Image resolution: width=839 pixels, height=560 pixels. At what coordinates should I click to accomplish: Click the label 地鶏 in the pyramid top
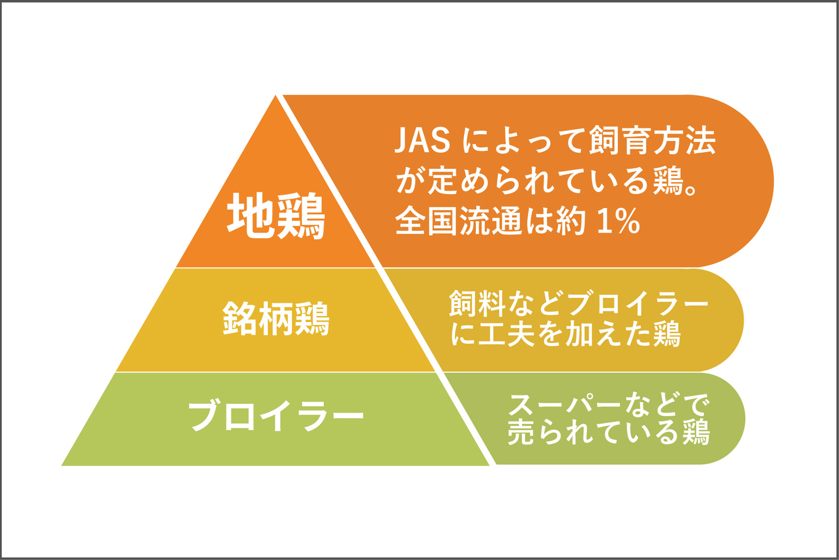276,216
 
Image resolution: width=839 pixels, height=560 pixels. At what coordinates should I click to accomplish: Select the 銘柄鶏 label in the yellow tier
276,319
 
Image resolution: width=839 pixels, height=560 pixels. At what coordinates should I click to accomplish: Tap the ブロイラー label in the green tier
276,415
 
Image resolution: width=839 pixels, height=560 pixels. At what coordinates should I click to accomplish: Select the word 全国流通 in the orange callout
459,221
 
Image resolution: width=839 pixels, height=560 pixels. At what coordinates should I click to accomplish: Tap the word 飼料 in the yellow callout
477,304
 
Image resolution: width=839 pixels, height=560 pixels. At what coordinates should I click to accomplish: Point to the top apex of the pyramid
276,95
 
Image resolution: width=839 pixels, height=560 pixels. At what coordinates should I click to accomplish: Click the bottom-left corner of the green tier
62,465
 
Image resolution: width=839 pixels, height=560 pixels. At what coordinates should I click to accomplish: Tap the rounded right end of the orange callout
773,181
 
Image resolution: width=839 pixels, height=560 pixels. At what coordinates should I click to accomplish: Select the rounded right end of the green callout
744,418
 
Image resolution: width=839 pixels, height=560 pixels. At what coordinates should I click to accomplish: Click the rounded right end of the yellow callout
743,320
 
